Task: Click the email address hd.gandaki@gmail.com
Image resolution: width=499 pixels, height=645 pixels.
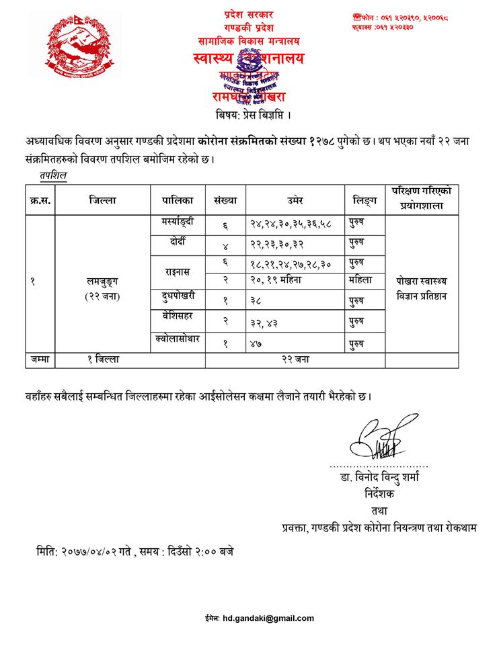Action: [269, 618]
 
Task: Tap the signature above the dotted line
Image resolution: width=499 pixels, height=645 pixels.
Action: [380, 438]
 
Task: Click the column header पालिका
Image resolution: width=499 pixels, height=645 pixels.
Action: [178, 200]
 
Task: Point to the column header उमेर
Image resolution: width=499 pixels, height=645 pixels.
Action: [295, 200]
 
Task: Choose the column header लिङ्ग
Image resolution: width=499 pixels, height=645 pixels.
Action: [364, 200]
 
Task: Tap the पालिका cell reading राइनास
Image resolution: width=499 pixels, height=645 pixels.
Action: [178, 271]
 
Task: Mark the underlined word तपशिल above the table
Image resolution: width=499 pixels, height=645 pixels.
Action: [53, 176]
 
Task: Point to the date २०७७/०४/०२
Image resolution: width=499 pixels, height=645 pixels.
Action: [98, 552]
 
